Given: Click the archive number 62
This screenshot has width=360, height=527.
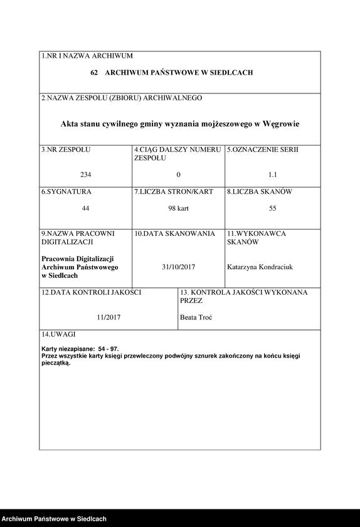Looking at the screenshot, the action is (95, 73).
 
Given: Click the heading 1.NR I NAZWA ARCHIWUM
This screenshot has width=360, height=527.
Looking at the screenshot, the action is (87, 56).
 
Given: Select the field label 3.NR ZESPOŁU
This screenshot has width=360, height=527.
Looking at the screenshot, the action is (66, 150).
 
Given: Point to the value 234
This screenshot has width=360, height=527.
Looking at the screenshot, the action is (85, 174).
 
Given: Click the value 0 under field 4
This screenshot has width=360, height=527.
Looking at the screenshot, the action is (178, 174).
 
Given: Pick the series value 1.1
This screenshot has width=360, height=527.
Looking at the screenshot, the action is (272, 174).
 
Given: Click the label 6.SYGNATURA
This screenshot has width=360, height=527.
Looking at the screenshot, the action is (66, 191).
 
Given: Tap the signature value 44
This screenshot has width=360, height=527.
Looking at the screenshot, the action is (85, 208).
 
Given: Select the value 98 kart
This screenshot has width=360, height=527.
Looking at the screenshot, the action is (178, 208).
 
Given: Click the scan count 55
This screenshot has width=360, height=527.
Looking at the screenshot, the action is (272, 208).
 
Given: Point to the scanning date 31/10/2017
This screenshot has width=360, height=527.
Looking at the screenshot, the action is (178, 267).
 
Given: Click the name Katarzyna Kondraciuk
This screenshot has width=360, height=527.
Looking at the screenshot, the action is (260, 267).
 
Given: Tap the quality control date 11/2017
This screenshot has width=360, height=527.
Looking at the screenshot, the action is (109, 317).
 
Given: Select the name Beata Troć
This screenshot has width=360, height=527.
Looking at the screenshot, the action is (196, 317).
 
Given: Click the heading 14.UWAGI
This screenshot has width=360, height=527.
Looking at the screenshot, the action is (58, 334).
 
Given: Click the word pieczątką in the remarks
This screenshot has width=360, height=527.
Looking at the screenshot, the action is (56, 363).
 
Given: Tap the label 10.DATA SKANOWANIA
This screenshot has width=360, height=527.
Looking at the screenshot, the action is (174, 233).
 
